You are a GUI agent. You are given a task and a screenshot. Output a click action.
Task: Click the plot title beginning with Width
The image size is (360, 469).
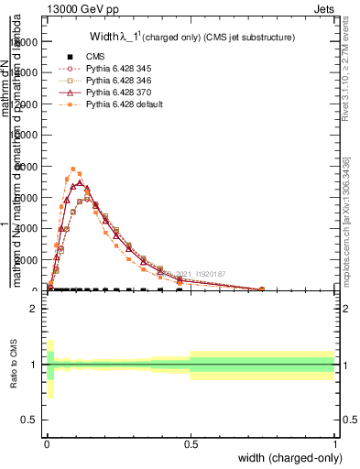click(191, 38)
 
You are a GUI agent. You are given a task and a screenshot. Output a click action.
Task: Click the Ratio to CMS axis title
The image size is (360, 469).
click(14, 365)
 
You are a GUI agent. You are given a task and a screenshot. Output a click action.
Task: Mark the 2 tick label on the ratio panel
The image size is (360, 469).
click(33, 309)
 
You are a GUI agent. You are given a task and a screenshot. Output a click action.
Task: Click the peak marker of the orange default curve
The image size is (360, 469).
click(73, 169)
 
